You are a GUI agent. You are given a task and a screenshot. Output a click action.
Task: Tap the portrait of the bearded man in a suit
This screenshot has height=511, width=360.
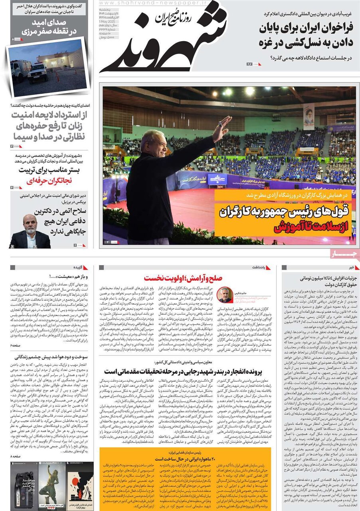point(30,232)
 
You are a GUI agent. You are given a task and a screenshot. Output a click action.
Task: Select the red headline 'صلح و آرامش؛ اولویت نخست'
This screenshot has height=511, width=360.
point(183,278)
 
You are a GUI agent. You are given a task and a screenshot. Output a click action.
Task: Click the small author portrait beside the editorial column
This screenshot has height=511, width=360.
point(225,295)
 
